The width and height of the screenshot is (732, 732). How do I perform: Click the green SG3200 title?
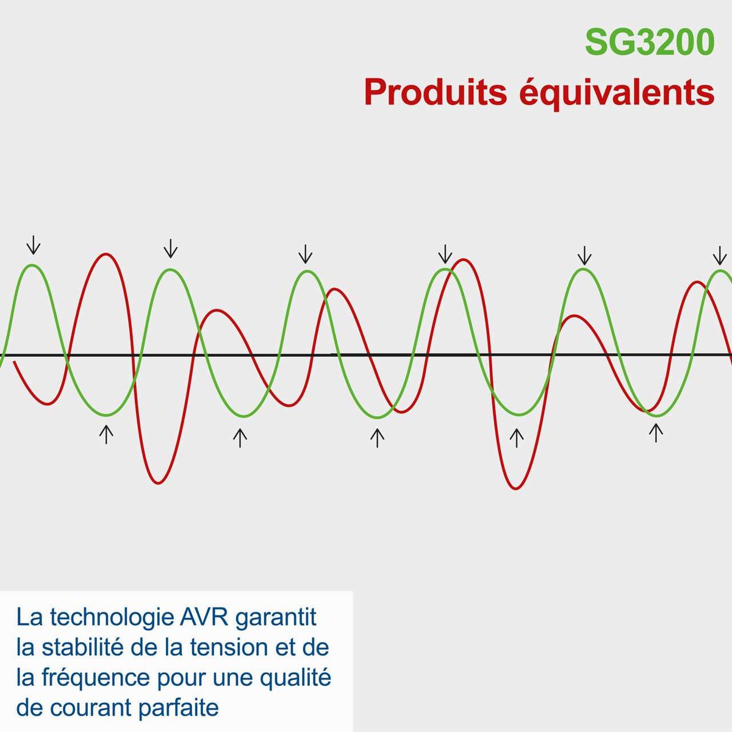coord(650,43)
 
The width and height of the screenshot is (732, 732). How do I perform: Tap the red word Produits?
coord(436,92)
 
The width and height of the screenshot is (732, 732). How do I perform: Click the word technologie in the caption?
coord(112,619)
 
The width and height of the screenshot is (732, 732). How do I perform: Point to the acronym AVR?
coord(203,618)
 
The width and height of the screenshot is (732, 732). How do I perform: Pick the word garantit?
coord(275,619)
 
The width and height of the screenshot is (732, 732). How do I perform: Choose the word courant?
coord(91,709)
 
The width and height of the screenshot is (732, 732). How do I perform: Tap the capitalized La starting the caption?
coord(30,618)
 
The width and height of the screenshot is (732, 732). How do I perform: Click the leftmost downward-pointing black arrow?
coord(34,245)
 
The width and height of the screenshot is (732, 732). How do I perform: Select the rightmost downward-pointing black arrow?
coord(719,256)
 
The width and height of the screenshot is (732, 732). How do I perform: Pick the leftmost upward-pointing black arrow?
coord(106,434)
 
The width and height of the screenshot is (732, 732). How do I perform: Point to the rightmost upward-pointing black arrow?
coord(656,433)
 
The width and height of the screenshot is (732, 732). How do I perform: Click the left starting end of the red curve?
coord(14,362)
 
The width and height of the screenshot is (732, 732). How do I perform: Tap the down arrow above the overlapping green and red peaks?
coord(445,254)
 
